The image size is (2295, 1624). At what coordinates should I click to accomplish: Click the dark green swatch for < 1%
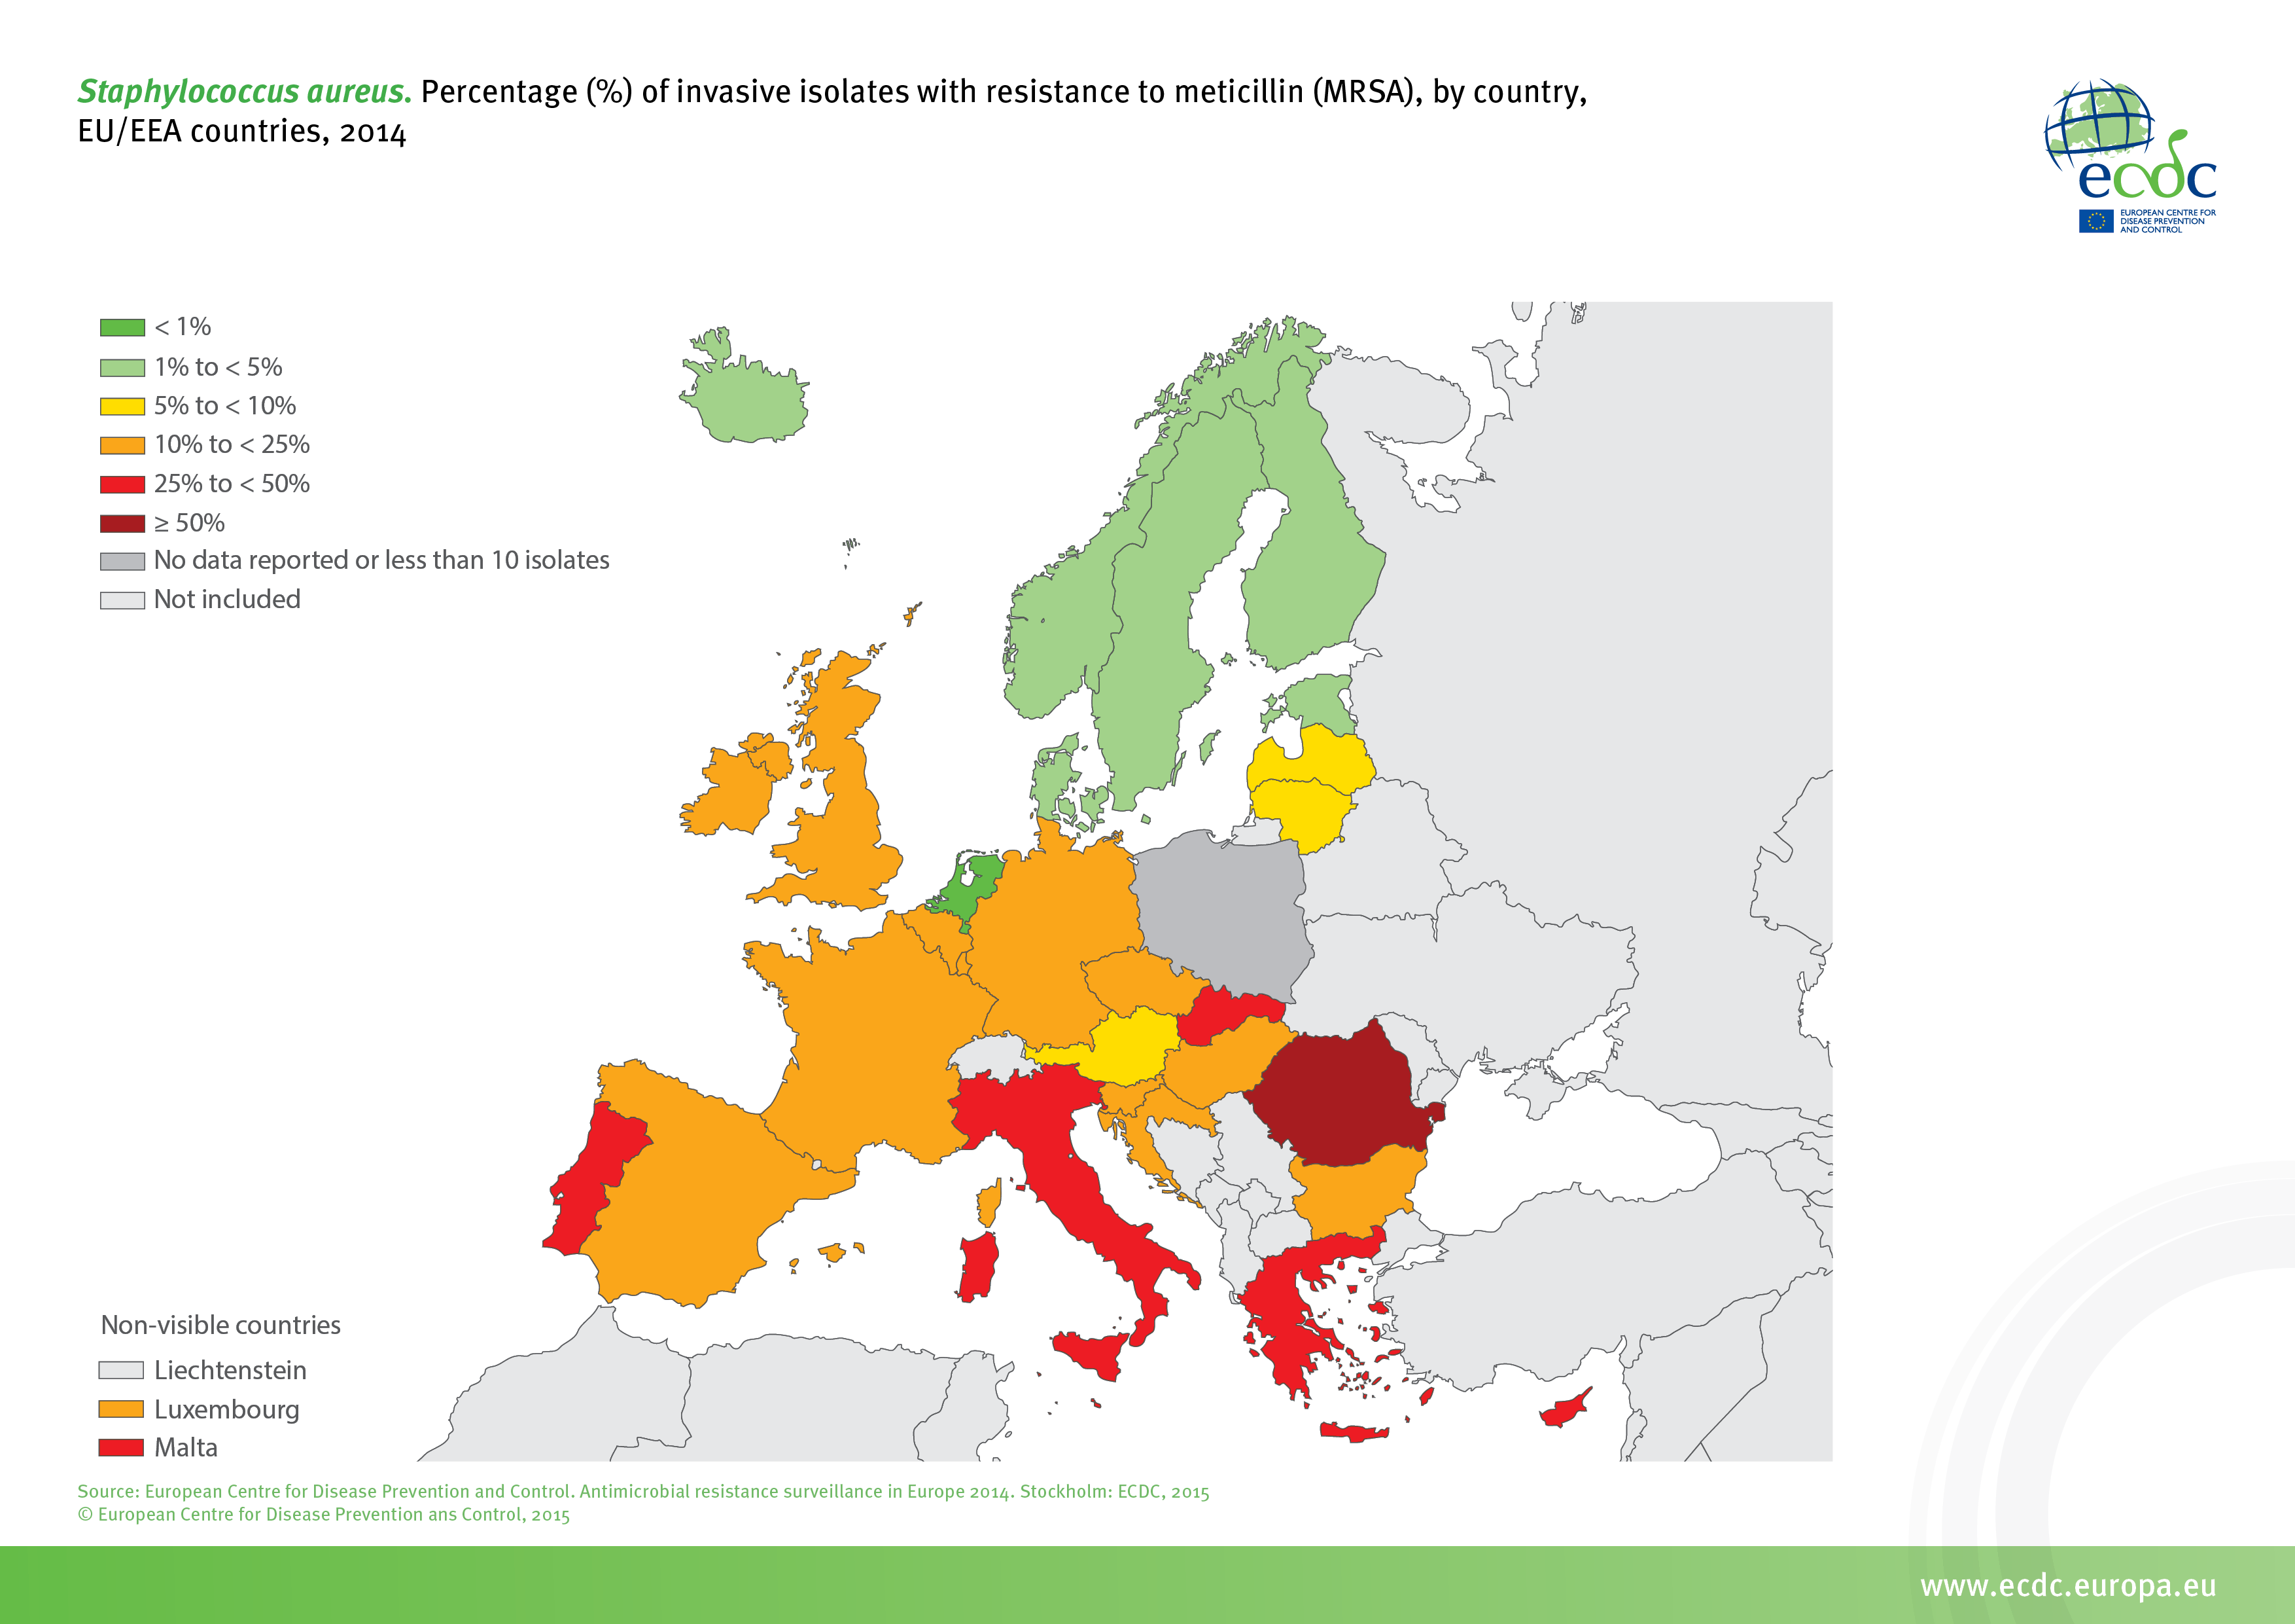122,327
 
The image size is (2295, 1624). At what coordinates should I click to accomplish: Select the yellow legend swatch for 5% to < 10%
122,406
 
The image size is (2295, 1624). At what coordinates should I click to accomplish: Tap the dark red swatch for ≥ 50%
122,523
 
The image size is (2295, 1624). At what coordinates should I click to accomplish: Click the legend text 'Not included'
227,599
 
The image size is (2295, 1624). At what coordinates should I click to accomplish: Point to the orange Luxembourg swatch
121,1409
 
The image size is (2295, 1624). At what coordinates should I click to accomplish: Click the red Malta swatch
121,1447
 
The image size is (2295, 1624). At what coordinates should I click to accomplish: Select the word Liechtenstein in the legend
230,1370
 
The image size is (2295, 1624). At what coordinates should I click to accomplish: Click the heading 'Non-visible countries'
221,1325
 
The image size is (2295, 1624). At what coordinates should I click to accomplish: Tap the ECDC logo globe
2099,125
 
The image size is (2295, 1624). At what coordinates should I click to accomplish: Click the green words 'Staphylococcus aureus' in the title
244,92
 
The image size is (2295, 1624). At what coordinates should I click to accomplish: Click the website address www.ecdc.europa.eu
2068,1586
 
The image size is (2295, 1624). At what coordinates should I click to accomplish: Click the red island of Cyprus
1564,1410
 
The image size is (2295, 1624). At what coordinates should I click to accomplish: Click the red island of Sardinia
977,1265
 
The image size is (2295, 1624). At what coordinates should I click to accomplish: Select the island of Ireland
729,790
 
